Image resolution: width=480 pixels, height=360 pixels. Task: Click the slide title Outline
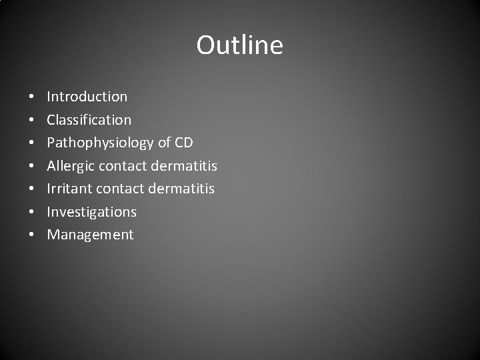(239, 45)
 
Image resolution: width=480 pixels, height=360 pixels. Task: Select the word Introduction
(87, 97)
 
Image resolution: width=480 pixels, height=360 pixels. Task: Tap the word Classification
(89, 120)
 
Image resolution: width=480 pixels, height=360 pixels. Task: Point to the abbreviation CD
(183, 143)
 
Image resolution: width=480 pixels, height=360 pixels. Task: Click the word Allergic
(69, 166)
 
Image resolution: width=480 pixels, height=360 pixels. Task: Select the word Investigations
(91, 212)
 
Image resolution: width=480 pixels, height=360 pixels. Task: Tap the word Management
(90, 235)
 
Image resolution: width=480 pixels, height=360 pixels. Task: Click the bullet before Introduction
(32, 97)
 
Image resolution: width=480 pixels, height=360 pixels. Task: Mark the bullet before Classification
(32, 121)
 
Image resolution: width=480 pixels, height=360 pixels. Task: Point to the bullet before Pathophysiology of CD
(32, 143)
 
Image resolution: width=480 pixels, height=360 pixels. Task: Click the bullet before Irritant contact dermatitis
(32, 189)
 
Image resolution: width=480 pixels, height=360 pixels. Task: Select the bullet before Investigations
(32, 213)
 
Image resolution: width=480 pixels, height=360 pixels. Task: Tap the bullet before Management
(32, 235)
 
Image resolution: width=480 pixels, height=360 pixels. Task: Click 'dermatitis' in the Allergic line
(184, 165)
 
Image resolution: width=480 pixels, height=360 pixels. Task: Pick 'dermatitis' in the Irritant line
(181, 189)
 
